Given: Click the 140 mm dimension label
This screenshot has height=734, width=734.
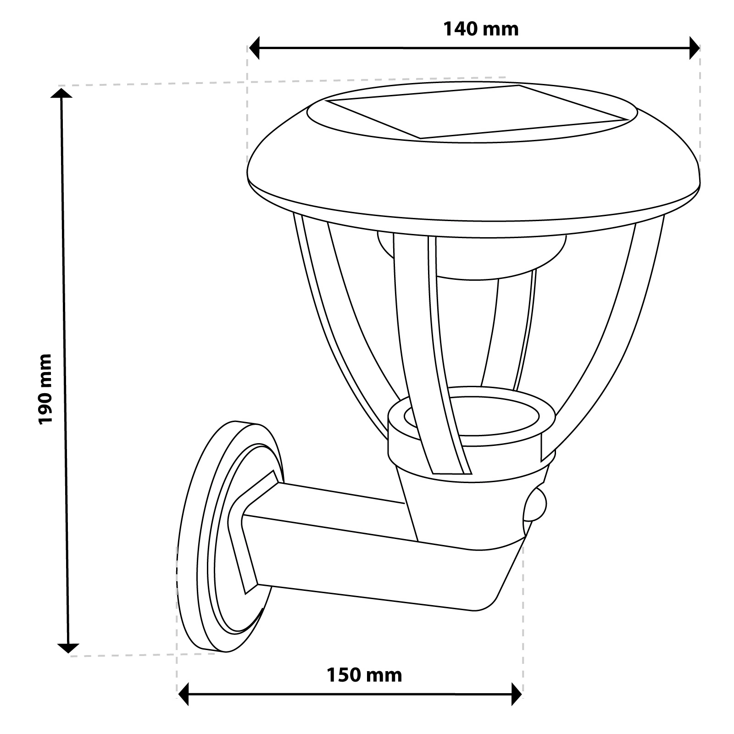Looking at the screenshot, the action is click(481, 29).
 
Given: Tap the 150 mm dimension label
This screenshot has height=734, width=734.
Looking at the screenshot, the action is click(364, 675).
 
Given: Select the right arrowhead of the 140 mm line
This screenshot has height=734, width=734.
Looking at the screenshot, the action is click(695, 48).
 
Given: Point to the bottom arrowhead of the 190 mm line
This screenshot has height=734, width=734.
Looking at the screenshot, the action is click(68, 647).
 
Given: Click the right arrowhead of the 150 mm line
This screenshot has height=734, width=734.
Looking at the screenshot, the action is click(517, 694).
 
